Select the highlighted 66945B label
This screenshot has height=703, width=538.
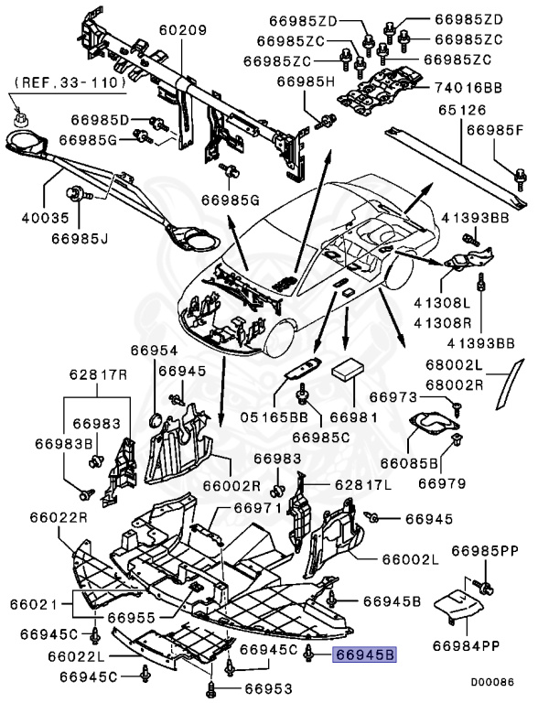pos(364,655)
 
